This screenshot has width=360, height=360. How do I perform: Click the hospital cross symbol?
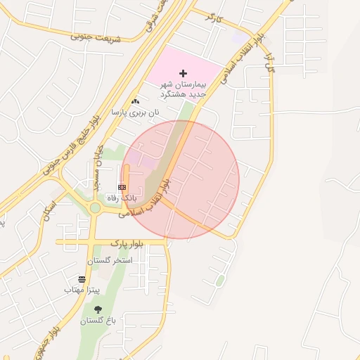pos(184,73)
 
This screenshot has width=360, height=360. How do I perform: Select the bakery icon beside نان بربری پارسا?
pos(135,101)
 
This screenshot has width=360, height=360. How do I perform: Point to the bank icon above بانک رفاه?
pos(122,187)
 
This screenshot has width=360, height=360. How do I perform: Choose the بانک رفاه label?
pos(122,198)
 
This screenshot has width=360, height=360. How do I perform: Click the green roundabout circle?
pos(94,207)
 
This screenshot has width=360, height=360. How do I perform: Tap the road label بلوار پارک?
pos(127,243)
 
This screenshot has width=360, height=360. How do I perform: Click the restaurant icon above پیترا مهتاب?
pos(82,279)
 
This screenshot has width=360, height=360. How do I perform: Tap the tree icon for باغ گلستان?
pos(98,309)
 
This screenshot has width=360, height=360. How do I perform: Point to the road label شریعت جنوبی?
pos(96,37)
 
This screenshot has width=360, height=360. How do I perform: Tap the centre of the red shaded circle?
pos(180,179)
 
